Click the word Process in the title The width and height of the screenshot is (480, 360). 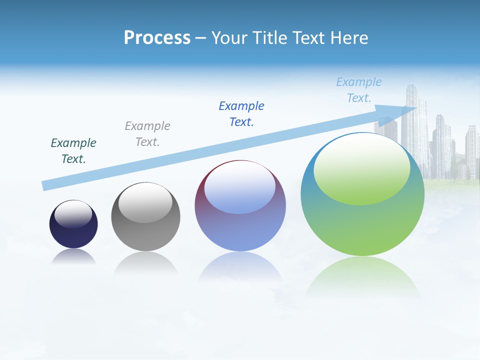point(157,38)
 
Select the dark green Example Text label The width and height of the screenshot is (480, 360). point(73,150)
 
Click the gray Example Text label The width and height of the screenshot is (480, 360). point(147,133)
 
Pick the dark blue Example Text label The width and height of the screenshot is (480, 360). point(241,113)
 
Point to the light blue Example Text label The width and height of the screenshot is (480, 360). point(359,89)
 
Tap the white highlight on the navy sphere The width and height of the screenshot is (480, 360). point(73,213)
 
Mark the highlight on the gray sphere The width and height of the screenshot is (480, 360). point(145,202)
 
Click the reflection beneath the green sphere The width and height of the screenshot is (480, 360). point(362,277)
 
